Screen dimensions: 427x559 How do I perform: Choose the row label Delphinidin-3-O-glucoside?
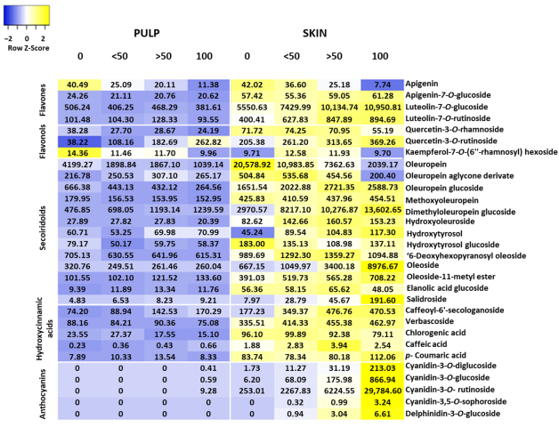(464, 413)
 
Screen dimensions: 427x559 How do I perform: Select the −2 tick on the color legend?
(8, 38)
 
